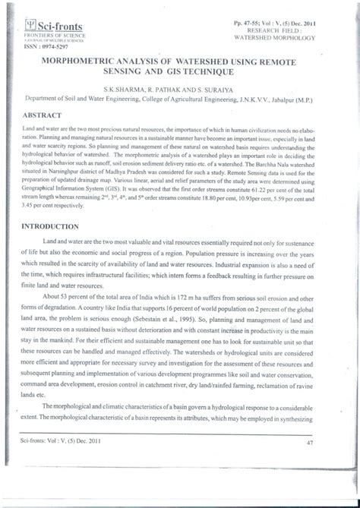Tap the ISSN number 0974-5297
coord(46,46)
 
